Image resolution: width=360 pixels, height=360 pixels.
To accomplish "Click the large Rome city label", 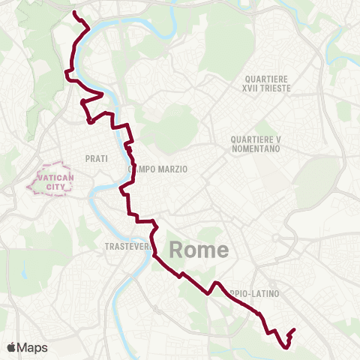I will [199, 250].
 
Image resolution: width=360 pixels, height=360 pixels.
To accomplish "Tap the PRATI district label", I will [97, 158].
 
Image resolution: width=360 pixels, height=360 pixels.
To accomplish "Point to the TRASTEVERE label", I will [124, 246].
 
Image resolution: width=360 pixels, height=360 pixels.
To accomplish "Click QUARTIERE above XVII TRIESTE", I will [266, 79].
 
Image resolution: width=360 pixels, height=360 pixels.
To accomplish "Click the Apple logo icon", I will [11, 347].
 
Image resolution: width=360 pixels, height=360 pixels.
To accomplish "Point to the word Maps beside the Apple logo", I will [32, 347].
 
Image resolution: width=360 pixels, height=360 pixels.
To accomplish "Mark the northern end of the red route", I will [73, 12].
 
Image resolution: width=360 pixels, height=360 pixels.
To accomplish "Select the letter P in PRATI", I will [88, 158].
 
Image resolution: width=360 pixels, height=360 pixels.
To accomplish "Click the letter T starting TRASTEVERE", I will [107, 246].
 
